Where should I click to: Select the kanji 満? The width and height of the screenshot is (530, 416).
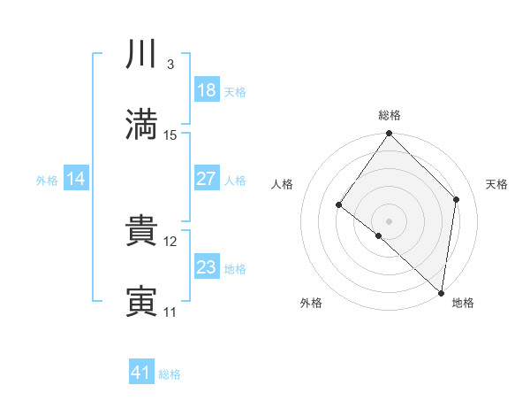pyautogui.click(x=141, y=125)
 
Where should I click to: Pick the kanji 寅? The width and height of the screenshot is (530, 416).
pyautogui.click(x=141, y=302)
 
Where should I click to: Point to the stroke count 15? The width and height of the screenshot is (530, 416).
pyautogui.click(x=170, y=135)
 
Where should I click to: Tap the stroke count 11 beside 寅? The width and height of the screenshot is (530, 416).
pyautogui.click(x=170, y=312)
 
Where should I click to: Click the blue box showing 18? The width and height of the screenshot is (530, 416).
pyautogui.click(x=207, y=90)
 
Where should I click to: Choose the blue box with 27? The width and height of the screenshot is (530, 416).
pyautogui.click(x=207, y=179)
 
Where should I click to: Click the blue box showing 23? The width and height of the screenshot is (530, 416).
pyautogui.click(x=207, y=267)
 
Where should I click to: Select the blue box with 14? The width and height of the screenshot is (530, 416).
pyautogui.click(x=76, y=179)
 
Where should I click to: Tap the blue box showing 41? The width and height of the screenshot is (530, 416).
pyautogui.click(x=141, y=373)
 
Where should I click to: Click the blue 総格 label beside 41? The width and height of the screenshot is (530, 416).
pyautogui.click(x=170, y=374)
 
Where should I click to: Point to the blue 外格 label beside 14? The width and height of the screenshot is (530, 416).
pyautogui.click(x=47, y=181)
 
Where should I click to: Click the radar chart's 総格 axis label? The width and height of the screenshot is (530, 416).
pyautogui.click(x=390, y=115)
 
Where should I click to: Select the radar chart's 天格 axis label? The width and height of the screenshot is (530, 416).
pyautogui.click(x=496, y=184)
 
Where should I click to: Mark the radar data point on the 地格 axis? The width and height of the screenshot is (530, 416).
pyautogui.click(x=442, y=293)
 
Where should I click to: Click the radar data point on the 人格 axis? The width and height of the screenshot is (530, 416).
pyautogui.click(x=339, y=205)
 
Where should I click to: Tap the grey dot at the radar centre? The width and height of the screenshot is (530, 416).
pyautogui.click(x=389, y=220)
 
